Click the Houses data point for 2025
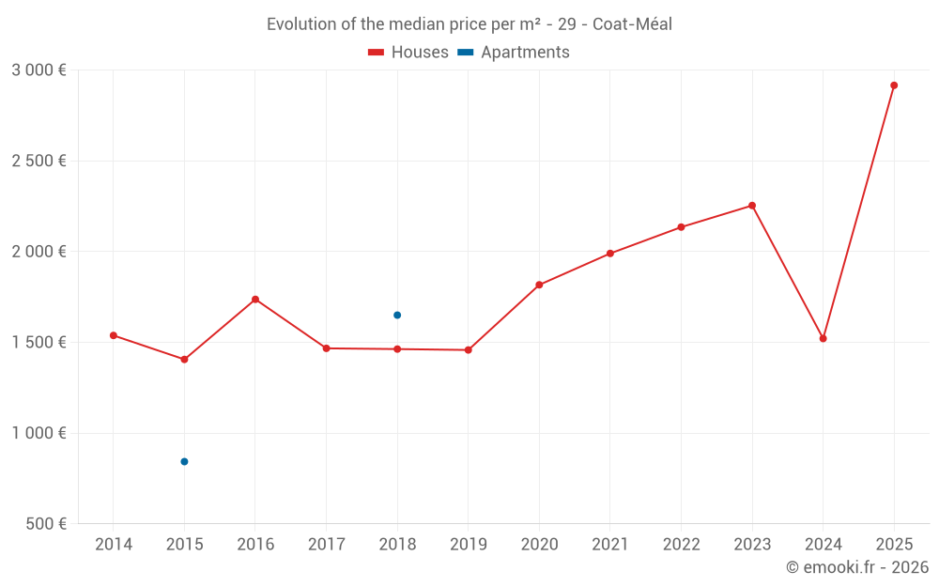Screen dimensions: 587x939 click(894, 85)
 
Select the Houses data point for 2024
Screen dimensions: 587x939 click(824, 338)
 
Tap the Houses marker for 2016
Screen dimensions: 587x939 click(255, 300)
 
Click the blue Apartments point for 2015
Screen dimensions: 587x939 click(184, 461)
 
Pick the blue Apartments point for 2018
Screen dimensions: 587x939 click(397, 315)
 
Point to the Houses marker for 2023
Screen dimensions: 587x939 click(752, 206)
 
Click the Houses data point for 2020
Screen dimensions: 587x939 click(539, 285)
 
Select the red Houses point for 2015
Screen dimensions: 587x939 click(184, 360)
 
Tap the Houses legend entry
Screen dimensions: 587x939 click(408, 53)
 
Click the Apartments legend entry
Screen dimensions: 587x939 click(515, 53)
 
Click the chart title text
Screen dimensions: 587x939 click(469, 24)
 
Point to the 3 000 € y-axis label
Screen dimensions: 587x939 click(38, 70)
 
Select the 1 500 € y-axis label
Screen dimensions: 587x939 click(38, 342)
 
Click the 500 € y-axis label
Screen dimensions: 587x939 click(45, 523)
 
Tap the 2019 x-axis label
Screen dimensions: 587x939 click(469, 544)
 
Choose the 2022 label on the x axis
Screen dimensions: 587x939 click(681, 544)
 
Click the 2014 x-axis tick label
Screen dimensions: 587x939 click(114, 544)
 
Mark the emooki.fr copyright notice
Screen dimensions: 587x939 click(857, 567)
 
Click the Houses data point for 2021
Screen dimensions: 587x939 click(610, 254)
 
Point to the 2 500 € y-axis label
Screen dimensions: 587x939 click(38, 161)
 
